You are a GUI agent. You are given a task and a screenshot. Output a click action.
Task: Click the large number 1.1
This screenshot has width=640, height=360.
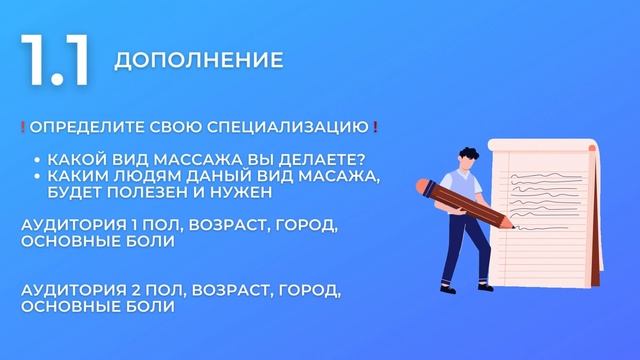click(54, 61)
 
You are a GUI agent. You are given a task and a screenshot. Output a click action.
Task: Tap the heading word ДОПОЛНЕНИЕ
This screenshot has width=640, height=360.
click(198, 61)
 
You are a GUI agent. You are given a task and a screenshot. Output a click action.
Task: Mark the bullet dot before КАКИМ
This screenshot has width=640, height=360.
click(37, 177)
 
